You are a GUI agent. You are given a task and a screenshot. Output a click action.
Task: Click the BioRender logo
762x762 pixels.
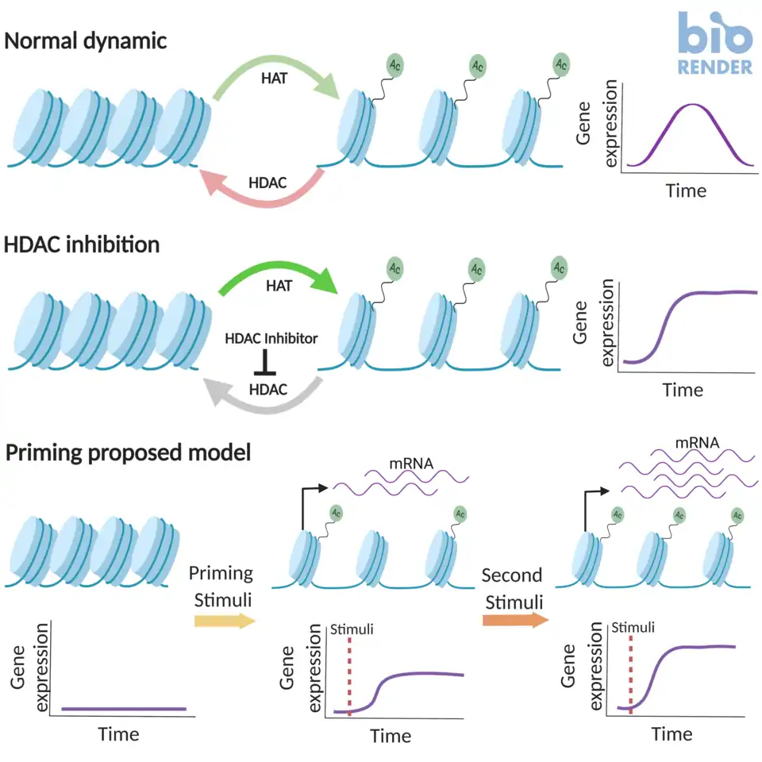715,44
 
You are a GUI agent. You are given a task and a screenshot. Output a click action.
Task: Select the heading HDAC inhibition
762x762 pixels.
82,244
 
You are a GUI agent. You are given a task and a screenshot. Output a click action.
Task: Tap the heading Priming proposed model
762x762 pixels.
128,453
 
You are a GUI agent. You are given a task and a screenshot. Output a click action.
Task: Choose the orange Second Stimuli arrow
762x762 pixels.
514,618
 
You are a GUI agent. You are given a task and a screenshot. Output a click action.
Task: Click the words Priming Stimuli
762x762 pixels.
223,586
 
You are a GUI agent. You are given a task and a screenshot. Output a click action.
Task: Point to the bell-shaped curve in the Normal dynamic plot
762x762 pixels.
692,107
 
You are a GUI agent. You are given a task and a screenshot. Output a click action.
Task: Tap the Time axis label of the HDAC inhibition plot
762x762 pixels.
682,390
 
